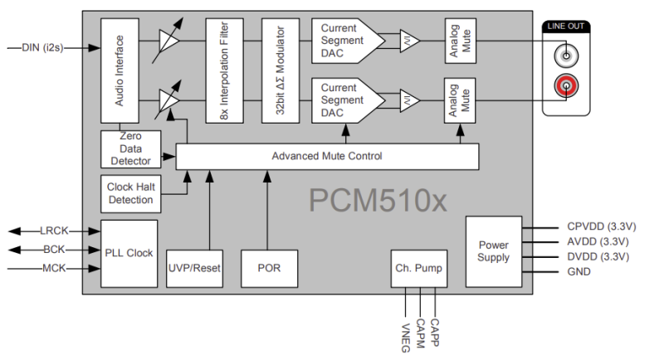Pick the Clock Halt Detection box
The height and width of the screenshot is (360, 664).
130,194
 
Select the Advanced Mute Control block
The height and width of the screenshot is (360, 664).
327,156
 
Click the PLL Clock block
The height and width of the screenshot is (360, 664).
129,252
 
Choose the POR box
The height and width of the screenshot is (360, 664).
270,267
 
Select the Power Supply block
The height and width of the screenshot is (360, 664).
493,251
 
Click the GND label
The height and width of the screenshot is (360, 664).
579,271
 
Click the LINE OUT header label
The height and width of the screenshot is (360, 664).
565,27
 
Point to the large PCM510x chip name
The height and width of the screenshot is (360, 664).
378,200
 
